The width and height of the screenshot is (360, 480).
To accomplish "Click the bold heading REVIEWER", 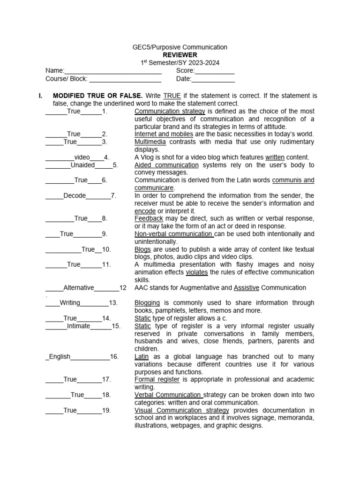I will coord(180,55).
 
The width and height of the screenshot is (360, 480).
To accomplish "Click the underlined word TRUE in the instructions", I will coord(172,96).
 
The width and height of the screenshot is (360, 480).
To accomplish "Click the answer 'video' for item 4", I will coord(82,157).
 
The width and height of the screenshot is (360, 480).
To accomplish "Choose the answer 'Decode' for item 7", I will coord(75,195).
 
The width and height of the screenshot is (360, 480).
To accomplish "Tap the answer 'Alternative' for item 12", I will coord(79,287).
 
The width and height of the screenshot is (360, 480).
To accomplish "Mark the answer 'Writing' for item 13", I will coord(70,303).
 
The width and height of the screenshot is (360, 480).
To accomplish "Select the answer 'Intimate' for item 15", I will coord(78,326).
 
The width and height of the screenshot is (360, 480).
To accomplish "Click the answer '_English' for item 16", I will coord(59,357).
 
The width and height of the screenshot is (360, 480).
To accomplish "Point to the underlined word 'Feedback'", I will coord(149,218).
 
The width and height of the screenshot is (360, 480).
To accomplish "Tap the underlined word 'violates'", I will coord(197,272).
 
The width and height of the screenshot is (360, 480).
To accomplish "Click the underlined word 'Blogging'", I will coord(147,303).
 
